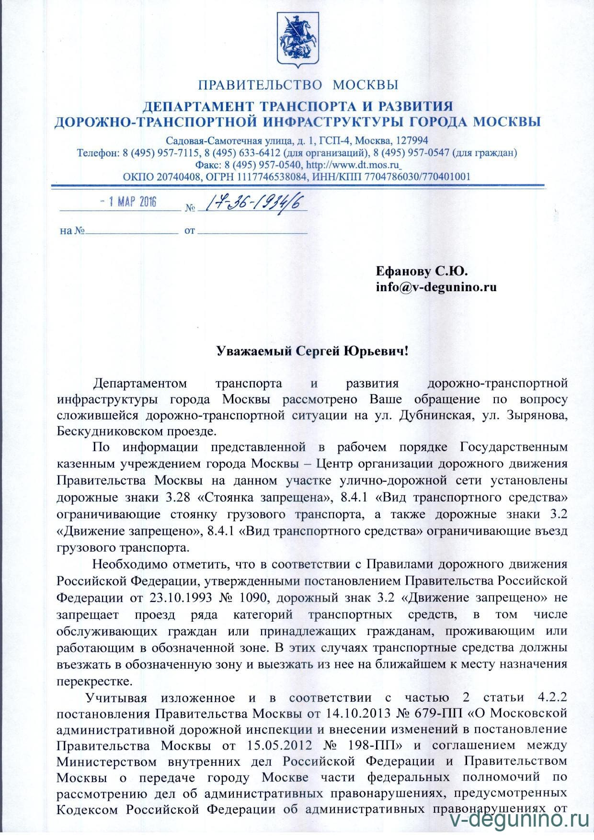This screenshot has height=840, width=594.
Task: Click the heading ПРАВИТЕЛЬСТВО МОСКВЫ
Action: tap(298, 85)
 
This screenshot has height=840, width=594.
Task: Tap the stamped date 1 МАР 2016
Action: tap(128, 201)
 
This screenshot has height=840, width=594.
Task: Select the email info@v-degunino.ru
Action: tap(436, 287)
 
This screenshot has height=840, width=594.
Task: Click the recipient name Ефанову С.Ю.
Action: tap(422, 272)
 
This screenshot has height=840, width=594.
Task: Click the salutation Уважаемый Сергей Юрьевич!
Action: tap(313, 351)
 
